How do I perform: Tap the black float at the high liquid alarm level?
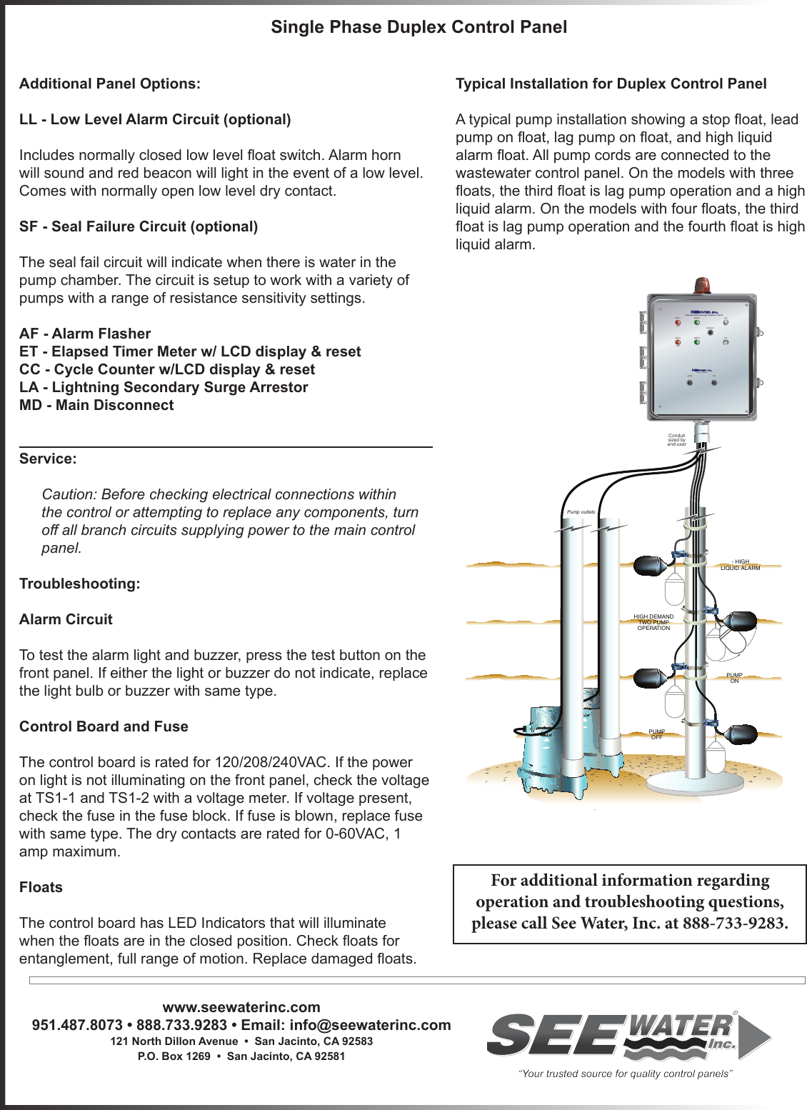pos(651,566)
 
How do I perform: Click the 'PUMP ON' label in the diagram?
pos(734,678)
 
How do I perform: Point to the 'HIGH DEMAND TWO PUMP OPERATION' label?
pos(653,622)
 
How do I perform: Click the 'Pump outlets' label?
pos(581,512)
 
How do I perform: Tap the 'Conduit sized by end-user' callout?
pos(676,440)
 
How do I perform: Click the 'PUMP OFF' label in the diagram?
pos(656,734)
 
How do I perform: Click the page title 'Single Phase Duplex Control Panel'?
pos(418,27)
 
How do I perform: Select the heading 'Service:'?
pos(48,459)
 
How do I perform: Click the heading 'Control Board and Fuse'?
pos(104,726)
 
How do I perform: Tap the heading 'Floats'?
pos(41,887)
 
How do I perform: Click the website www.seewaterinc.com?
pos(241,1007)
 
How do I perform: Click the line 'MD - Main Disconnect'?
pos(96,405)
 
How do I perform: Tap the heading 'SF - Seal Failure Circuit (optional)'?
pos(139,226)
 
